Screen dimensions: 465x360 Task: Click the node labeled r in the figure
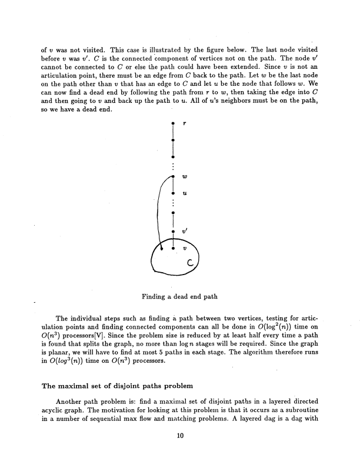[x=172, y=123]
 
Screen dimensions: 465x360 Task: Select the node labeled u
[x=172, y=193]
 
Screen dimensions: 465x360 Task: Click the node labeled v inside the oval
[x=172, y=248]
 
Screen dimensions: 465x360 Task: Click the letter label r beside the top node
[x=185, y=123]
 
